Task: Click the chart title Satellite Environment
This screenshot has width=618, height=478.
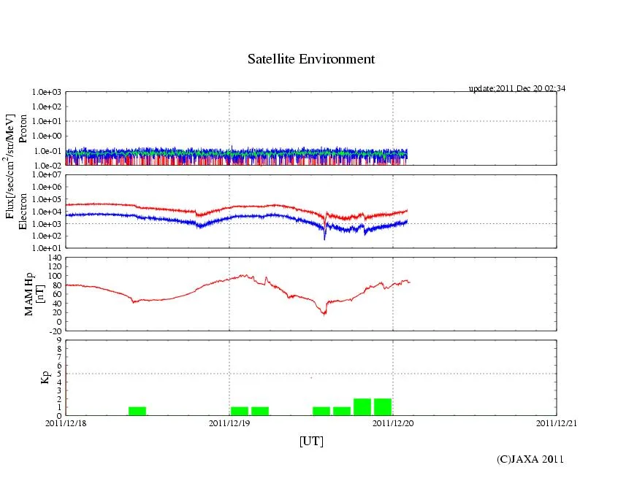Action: click(x=311, y=59)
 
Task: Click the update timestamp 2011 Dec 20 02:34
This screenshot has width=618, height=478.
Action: click(x=517, y=88)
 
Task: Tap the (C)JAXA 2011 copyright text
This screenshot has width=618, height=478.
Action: click(x=530, y=459)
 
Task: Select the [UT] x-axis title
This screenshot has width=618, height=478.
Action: click(x=311, y=441)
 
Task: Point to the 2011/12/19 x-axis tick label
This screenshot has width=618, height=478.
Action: click(x=229, y=422)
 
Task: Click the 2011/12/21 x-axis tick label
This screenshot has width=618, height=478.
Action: click(x=557, y=422)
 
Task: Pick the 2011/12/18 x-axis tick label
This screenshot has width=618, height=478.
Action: click(x=66, y=422)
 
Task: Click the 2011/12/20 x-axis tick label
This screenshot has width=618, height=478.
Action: click(x=393, y=422)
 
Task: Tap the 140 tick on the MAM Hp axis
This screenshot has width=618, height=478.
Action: click(x=54, y=258)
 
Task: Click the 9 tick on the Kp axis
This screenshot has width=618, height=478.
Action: click(x=59, y=339)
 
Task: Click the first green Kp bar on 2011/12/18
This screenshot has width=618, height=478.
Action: click(x=137, y=411)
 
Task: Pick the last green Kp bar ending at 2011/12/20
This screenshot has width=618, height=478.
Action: click(x=383, y=407)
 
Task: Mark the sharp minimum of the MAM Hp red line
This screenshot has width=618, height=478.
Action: click(x=325, y=313)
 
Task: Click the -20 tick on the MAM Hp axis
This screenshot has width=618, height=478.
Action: click(x=54, y=331)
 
